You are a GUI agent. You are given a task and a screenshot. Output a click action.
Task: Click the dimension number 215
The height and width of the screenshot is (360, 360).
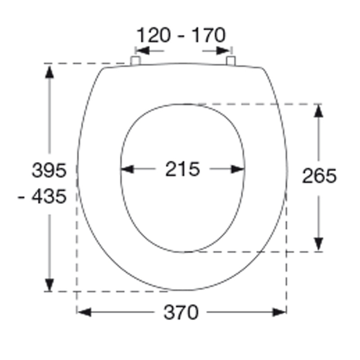coord(183,169)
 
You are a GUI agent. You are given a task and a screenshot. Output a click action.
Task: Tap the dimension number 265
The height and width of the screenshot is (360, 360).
coord(319,176)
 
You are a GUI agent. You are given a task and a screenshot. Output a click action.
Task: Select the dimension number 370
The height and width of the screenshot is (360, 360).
coord(181,312)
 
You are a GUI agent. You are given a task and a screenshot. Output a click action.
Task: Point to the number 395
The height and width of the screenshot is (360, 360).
coord(49,170)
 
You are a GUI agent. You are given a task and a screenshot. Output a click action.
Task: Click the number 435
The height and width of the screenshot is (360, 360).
coord(49,197)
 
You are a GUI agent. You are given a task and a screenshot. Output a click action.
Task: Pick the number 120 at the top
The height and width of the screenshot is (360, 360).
coord(153,35)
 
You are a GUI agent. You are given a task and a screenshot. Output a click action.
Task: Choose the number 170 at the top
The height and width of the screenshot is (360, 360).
coord(208,35)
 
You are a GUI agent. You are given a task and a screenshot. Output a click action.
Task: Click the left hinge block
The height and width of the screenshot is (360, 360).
coord(135,61)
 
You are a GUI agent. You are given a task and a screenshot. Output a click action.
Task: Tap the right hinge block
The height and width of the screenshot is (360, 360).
coord(231,61)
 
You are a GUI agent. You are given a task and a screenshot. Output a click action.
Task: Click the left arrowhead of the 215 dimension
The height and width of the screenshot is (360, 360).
coord(127,169)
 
